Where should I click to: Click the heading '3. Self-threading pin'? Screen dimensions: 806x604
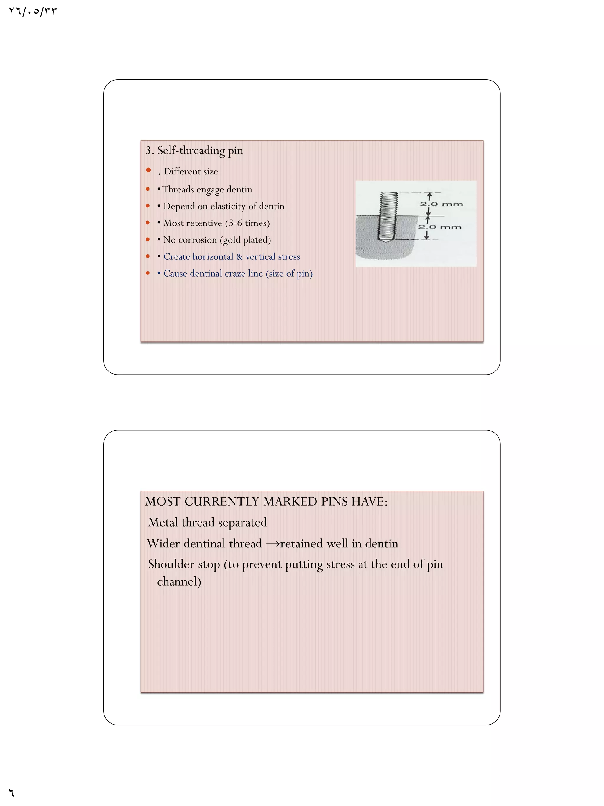click(x=194, y=151)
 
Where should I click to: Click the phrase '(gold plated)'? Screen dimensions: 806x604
click(x=245, y=240)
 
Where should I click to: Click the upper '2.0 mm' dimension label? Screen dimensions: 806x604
click(x=441, y=204)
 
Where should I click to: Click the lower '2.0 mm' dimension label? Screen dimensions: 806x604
click(x=439, y=227)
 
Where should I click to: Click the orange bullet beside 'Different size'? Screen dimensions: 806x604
click(x=148, y=170)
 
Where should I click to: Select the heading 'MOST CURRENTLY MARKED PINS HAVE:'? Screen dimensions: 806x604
click(x=266, y=502)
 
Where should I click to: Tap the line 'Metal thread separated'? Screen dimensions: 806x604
click(x=208, y=522)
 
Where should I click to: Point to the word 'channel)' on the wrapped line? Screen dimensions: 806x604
click(x=179, y=581)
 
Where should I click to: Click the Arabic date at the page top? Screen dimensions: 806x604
click(x=33, y=12)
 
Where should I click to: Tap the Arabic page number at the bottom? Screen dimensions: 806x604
click(x=11, y=792)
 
